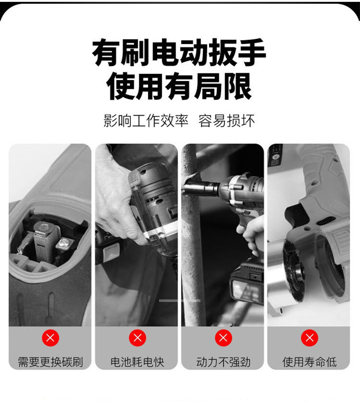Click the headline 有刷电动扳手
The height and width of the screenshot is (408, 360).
(179, 52)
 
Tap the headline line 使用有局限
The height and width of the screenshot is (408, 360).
(179, 86)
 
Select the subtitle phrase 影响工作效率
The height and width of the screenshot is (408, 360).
(146, 121)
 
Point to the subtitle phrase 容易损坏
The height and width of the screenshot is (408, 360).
(226, 121)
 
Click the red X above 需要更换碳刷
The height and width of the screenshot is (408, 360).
(50, 338)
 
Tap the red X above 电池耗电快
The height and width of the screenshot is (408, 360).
(137, 338)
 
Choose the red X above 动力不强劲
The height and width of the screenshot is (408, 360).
(223, 338)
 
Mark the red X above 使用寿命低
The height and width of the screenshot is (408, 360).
(309, 338)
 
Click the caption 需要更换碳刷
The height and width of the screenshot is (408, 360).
(50, 362)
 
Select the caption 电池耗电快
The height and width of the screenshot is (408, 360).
(137, 362)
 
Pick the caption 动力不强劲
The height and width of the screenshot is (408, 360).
(223, 362)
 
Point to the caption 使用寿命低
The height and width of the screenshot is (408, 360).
(309, 362)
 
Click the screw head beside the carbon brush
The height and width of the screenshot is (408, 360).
(64, 243)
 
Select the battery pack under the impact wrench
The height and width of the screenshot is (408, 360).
(247, 283)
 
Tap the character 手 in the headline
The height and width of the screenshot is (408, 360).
(252, 52)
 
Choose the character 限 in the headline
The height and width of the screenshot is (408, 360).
(238, 86)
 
